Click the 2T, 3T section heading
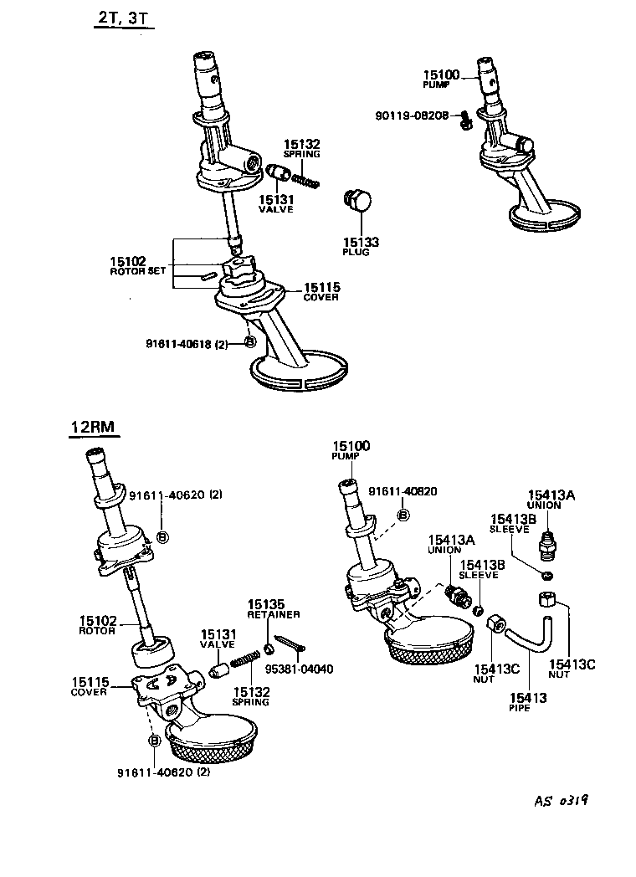[x=124, y=18]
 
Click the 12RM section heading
[x=92, y=428]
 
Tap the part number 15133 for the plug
[x=361, y=242]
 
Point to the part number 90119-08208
[x=413, y=114]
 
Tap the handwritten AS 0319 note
[x=558, y=800]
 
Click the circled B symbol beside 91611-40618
[x=249, y=341]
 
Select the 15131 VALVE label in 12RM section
[x=217, y=639]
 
